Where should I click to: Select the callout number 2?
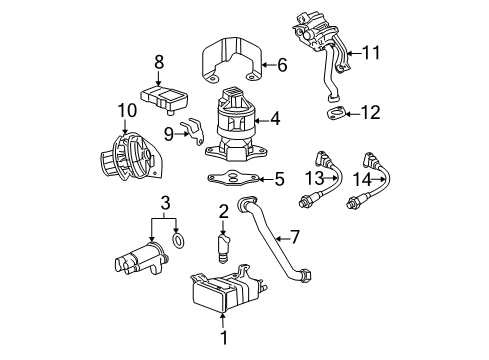tap(225, 211)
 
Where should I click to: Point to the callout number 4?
tap(274, 119)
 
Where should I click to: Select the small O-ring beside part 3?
tap(178, 240)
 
